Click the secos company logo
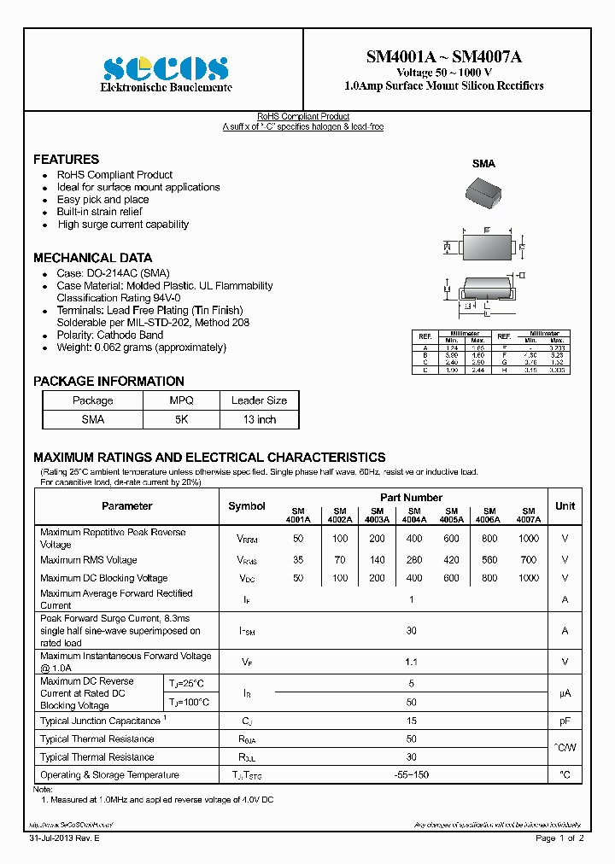pyautogui.click(x=166, y=68)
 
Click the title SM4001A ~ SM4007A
pyautogui.click(x=443, y=57)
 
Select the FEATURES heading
pyautogui.click(x=66, y=160)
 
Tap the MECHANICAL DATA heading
pyautogui.click(x=92, y=258)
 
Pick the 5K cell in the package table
pyautogui.click(x=181, y=419)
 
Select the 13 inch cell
pyautogui.click(x=259, y=419)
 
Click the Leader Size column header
pyautogui.click(x=259, y=400)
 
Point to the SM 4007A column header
pyautogui.click(x=528, y=514)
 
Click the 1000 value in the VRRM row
pyautogui.click(x=528, y=539)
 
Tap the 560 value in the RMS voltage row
pyautogui.click(x=489, y=560)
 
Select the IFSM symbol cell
pyautogui.click(x=247, y=631)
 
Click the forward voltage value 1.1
pyautogui.click(x=411, y=662)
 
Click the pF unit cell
pyautogui.click(x=565, y=721)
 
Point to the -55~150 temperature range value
pyautogui.click(x=411, y=775)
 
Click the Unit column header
pyautogui.click(x=565, y=506)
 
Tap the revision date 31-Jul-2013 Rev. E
pyautogui.click(x=65, y=838)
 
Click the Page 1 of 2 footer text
pyautogui.click(x=559, y=838)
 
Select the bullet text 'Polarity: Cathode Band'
pyautogui.click(x=110, y=336)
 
